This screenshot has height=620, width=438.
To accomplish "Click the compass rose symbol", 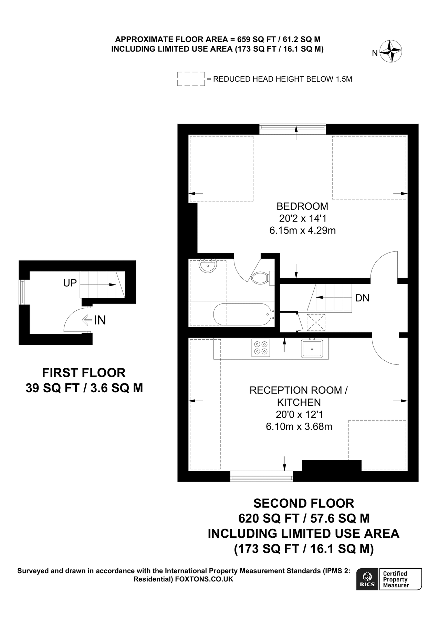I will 391,52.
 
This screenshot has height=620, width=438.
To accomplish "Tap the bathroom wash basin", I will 207,266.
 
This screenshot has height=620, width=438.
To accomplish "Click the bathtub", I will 243,314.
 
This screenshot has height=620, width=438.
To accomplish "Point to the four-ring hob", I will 261,348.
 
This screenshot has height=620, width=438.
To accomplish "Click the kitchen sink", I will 312,349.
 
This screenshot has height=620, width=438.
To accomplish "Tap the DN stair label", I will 362,298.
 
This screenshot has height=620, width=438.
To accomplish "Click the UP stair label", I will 70,283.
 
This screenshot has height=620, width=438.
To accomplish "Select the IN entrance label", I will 100,320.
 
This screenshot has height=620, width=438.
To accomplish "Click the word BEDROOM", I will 302,206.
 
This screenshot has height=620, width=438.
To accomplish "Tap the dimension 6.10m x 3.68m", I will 299,427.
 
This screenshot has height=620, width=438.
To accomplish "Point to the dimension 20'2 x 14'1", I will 302,218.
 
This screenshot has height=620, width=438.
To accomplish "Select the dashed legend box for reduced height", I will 191,79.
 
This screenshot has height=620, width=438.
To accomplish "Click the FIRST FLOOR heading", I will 84,373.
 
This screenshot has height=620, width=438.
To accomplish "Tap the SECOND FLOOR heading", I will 303,503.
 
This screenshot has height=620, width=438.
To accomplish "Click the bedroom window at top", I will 292,129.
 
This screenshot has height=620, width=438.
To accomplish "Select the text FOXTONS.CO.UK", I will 204,579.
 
